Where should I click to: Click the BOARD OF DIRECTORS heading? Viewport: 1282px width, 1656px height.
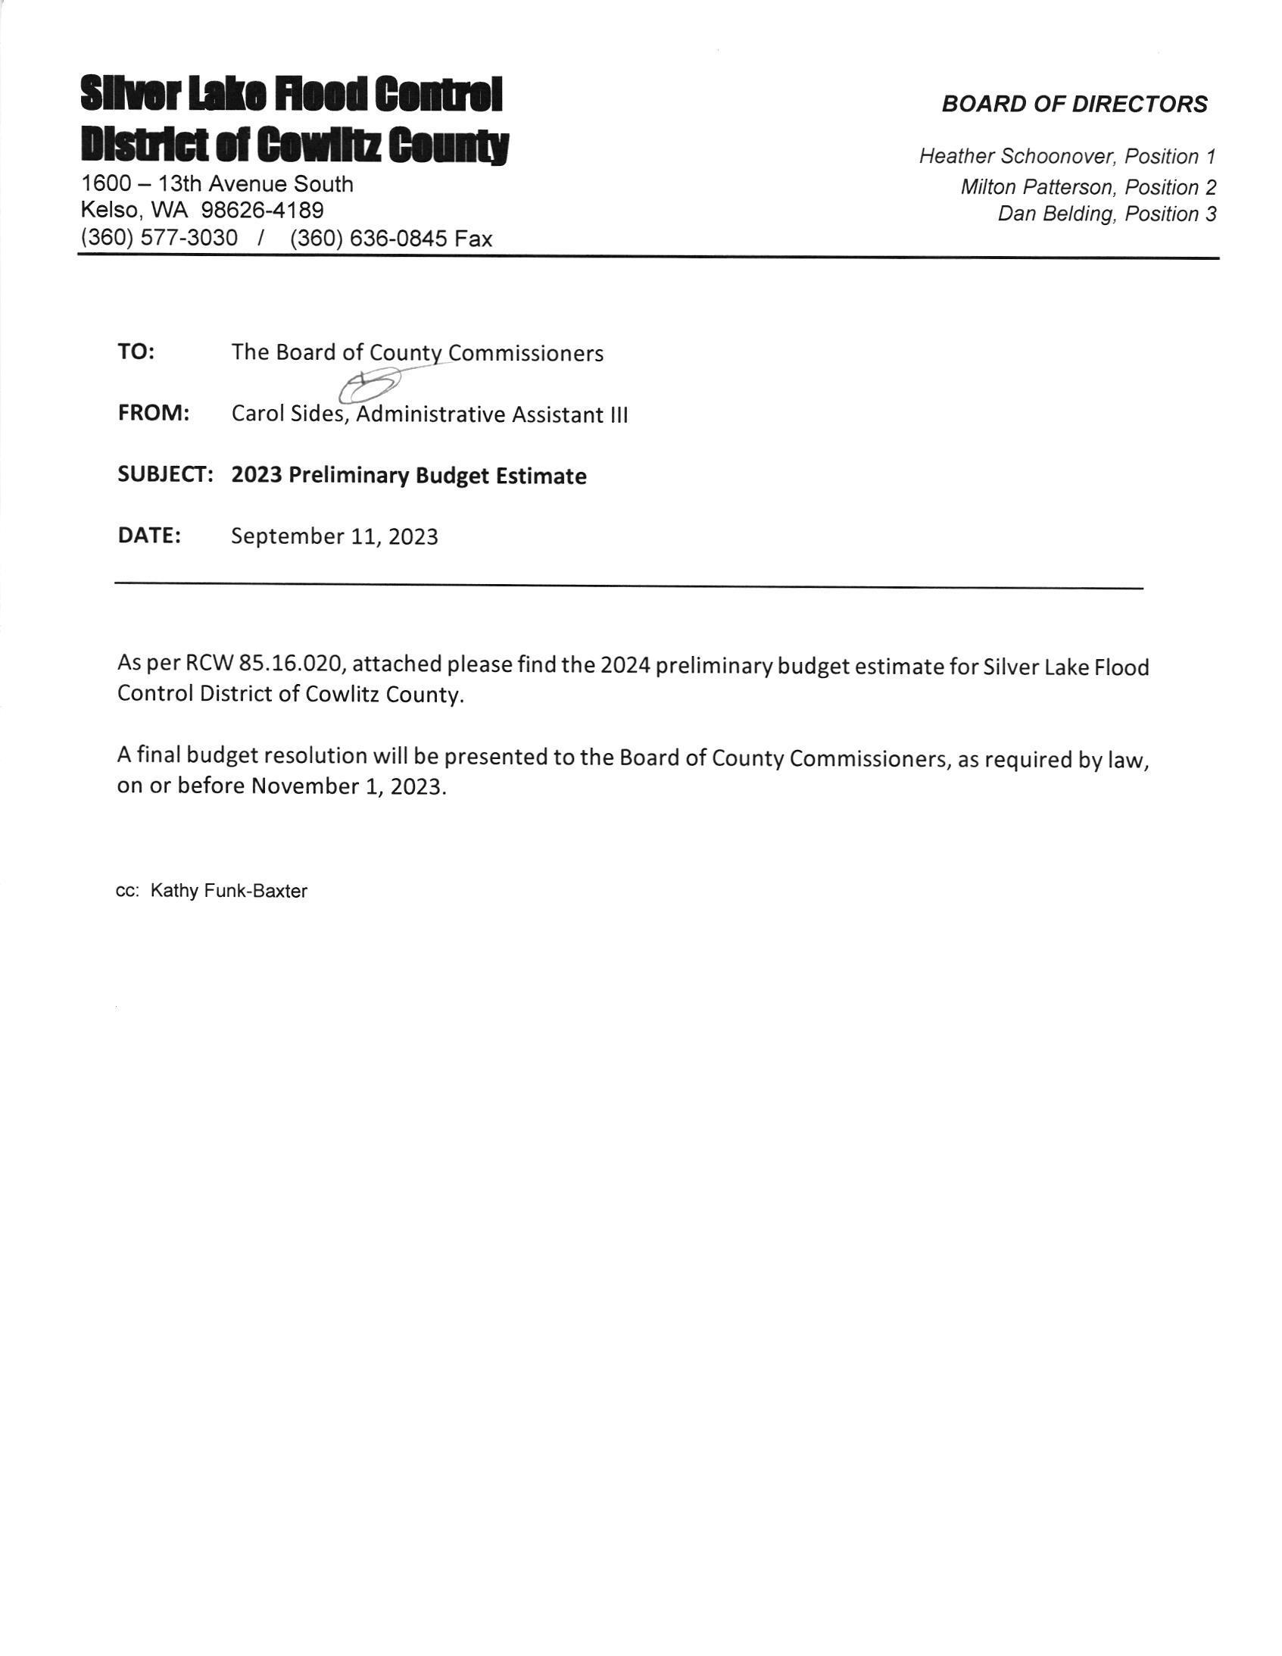pyautogui.click(x=1075, y=104)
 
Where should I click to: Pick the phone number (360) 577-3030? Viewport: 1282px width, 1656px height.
pyautogui.click(x=159, y=238)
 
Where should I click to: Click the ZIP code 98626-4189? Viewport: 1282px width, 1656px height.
pyautogui.click(x=262, y=210)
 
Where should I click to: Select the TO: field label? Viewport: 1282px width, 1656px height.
pyautogui.click(x=136, y=352)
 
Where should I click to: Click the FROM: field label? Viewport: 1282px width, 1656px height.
pyautogui.click(x=153, y=413)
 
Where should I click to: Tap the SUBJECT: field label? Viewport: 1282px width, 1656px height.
pyautogui.click(x=165, y=475)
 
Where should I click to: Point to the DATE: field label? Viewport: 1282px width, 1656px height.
pyautogui.click(x=149, y=536)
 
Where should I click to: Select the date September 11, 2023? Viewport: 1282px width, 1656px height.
pyautogui.click(x=335, y=536)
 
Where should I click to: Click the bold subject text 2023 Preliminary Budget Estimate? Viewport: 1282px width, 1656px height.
pyautogui.click(x=409, y=476)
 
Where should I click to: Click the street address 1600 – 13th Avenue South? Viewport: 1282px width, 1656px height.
pyautogui.click(x=217, y=183)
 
